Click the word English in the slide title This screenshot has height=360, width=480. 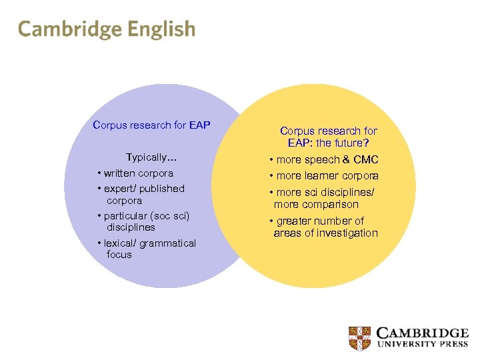[x=161, y=29]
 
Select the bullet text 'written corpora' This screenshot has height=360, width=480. [x=138, y=173]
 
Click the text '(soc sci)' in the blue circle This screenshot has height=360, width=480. [x=169, y=216]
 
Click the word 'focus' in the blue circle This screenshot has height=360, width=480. [x=119, y=255]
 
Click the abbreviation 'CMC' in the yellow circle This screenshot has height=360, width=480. [x=365, y=160]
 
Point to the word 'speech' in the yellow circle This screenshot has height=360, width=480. [x=323, y=160]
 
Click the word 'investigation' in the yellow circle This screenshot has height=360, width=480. [x=346, y=233]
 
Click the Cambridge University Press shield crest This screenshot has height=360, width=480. [x=360, y=337]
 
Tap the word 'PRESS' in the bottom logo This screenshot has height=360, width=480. [x=451, y=345]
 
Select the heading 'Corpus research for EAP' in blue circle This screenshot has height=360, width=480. [x=152, y=125]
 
